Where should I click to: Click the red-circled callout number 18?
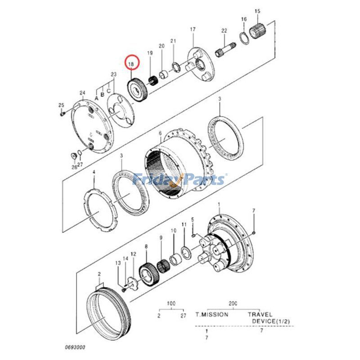(132, 65)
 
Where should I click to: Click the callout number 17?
(193, 29)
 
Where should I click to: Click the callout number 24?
(82, 94)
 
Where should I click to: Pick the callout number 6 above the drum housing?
(160, 133)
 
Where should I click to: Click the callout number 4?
(94, 172)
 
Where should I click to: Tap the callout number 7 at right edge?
(254, 211)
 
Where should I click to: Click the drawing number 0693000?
(74, 347)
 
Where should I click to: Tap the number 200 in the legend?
(233, 304)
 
